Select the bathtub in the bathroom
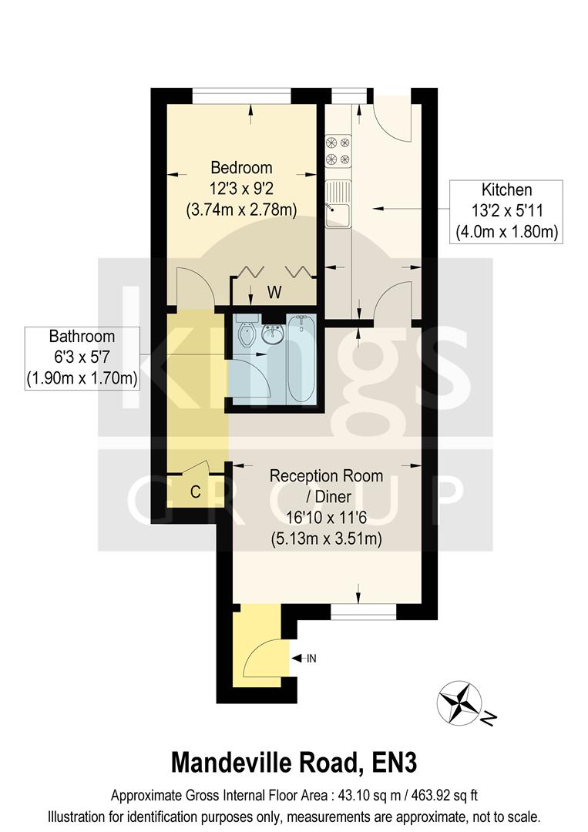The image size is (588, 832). click(301, 359)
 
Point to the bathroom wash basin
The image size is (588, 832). click(272, 334)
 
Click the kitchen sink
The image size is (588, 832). click(338, 206)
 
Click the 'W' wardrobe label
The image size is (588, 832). click(274, 292)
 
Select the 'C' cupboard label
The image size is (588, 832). click(195, 492)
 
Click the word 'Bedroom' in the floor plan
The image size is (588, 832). click(241, 167)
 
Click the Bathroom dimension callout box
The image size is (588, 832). click(82, 357)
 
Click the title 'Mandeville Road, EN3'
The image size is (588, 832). click(294, 762)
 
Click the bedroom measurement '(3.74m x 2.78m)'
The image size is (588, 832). click(241, 209)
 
